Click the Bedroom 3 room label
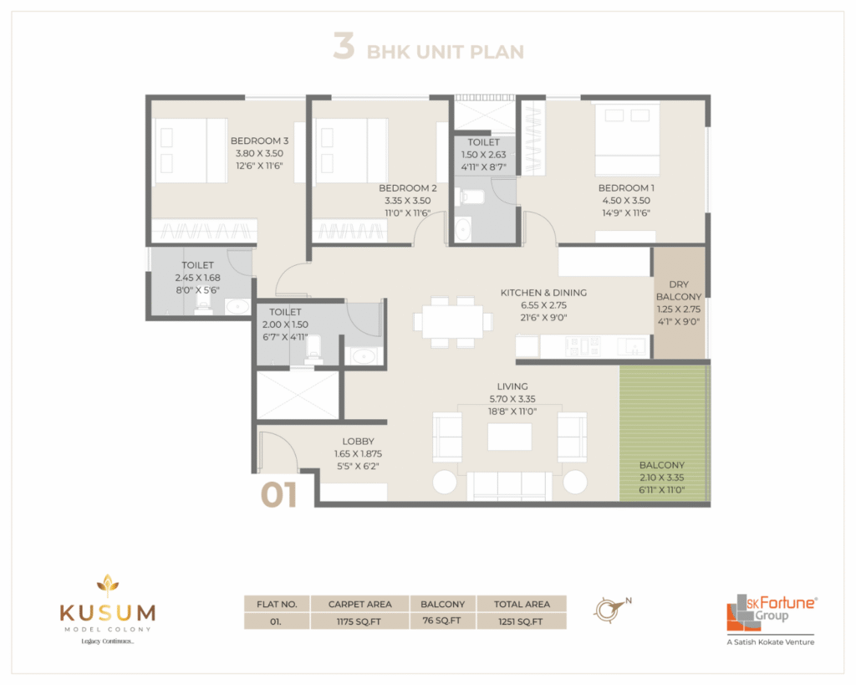coord(259,141)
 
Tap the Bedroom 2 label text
coord(408,188)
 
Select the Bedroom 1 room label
coord(626,188)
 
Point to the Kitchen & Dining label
coord(543,293)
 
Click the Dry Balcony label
coord(679,290)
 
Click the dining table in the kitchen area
coord(452,322)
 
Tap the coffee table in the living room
coord(510,437)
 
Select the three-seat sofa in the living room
coord(509,486)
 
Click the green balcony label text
coord(662,465)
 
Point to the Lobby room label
coord(358,442)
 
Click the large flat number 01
coord(279,495)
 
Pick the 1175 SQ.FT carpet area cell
coord(359,621)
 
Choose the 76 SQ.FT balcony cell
coord(442,621)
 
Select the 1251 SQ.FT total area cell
coord(522,621)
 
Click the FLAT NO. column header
coord(277,604)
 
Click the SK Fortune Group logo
coord(771,620)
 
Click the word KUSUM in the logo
coord(108,613)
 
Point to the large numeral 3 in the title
coord(344,47)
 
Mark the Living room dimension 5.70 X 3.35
coord(512,399)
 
